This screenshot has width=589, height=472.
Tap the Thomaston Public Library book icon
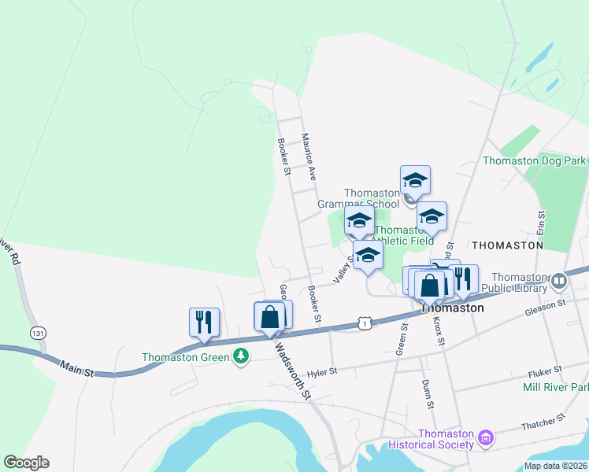point(559,280)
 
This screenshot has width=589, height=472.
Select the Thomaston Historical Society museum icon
point(486,437)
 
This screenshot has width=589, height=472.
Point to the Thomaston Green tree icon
point(241,357)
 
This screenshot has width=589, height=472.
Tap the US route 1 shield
point(363,323)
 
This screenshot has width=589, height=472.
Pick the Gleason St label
point(546,308)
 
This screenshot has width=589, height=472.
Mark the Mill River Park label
point(555,387)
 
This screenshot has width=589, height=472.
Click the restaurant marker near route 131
point(204,322)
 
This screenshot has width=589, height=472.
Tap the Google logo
point(26,463)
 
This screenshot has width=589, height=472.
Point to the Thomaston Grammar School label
point(359,198)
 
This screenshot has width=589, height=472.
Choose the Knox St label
point(439,334)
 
